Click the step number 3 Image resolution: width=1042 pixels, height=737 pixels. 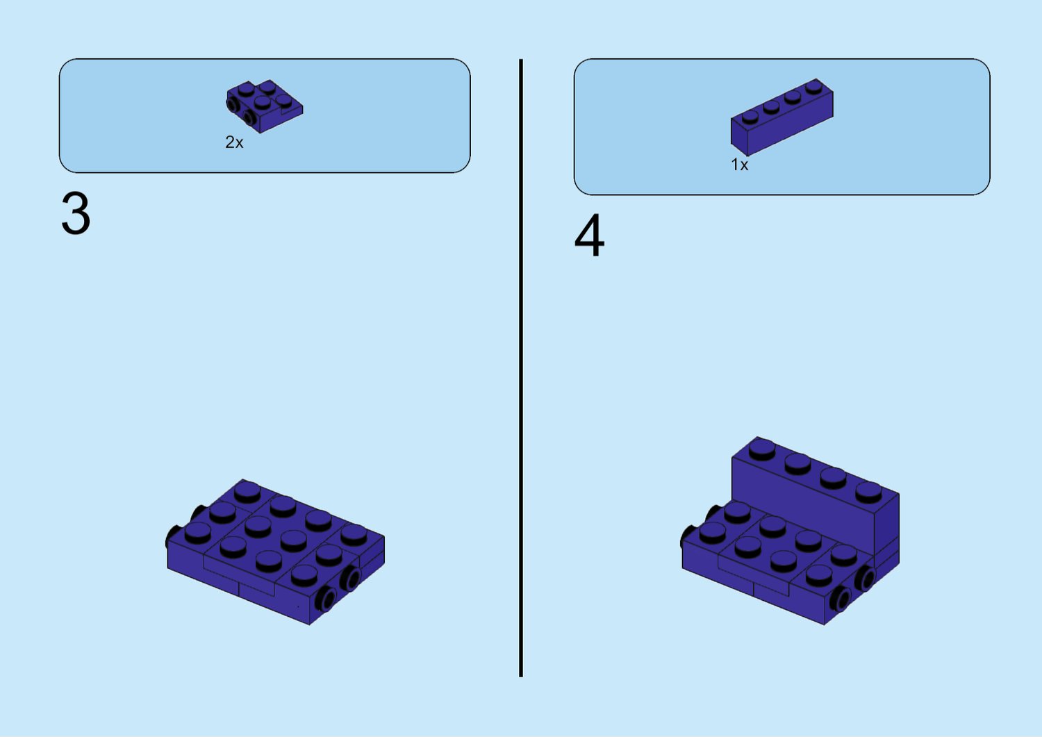point(76,213)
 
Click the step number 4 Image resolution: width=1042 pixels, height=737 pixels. point(589,236)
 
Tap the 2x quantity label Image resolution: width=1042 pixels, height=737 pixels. point(234,142)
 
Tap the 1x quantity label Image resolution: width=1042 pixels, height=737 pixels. point(740,165)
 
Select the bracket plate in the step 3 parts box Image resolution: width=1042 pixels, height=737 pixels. point(264,106)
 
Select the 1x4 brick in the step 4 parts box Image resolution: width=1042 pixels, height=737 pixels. point(782,117)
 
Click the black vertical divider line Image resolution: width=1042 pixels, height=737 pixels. point(521,367)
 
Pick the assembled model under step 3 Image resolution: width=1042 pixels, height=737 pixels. point(275,552)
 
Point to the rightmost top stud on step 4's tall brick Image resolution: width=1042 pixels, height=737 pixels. point(868,492)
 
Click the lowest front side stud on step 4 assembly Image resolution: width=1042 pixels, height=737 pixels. point(841,599)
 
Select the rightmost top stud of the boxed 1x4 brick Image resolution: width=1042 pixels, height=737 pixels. point(814,87)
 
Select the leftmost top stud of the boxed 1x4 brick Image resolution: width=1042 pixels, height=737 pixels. point(750,116)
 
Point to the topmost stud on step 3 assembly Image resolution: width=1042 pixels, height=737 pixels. point(247,491)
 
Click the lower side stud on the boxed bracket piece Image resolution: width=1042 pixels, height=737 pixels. point(250,118)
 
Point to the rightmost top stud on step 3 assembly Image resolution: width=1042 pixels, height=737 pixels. point(354,534)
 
